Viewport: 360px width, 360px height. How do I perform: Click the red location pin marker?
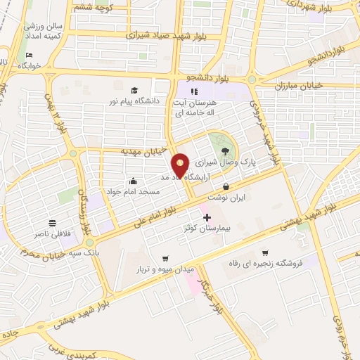[181, 165]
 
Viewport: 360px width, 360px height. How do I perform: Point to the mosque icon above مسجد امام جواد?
[134, 180]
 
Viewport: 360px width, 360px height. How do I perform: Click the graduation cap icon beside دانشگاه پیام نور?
[134, 90]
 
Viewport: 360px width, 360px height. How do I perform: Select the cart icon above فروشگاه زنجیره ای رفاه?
[265, 253]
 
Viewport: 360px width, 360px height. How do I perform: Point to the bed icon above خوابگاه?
[29, 55]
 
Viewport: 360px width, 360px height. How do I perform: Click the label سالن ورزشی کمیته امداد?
[44, 30]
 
